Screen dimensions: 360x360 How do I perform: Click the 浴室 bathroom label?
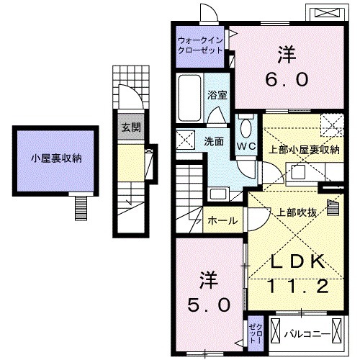[217, 94]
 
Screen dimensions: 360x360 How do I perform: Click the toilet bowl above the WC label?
[246, 128]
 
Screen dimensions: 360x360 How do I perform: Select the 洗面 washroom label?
[214, 141]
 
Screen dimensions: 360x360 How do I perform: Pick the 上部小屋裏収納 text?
[304, 150]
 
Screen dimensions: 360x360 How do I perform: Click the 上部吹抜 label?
[294, 212]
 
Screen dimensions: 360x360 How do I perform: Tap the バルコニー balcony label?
[307, 333]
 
